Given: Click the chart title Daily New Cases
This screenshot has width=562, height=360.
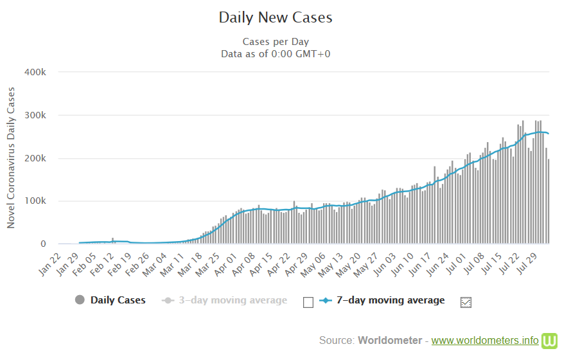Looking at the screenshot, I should coord(276,17).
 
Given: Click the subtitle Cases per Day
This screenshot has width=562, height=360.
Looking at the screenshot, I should coord(276,42).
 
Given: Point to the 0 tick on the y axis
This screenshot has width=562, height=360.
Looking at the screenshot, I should coord(43,244).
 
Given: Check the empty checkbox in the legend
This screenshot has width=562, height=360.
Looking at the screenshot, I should coord(308,302).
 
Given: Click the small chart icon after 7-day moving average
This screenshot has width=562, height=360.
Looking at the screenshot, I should coord(466,302).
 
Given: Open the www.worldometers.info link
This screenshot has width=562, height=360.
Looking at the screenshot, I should coord(485,340).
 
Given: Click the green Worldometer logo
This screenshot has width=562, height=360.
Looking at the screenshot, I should coord(550,340).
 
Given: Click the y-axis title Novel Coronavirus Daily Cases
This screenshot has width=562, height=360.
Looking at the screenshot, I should coord(11,158).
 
